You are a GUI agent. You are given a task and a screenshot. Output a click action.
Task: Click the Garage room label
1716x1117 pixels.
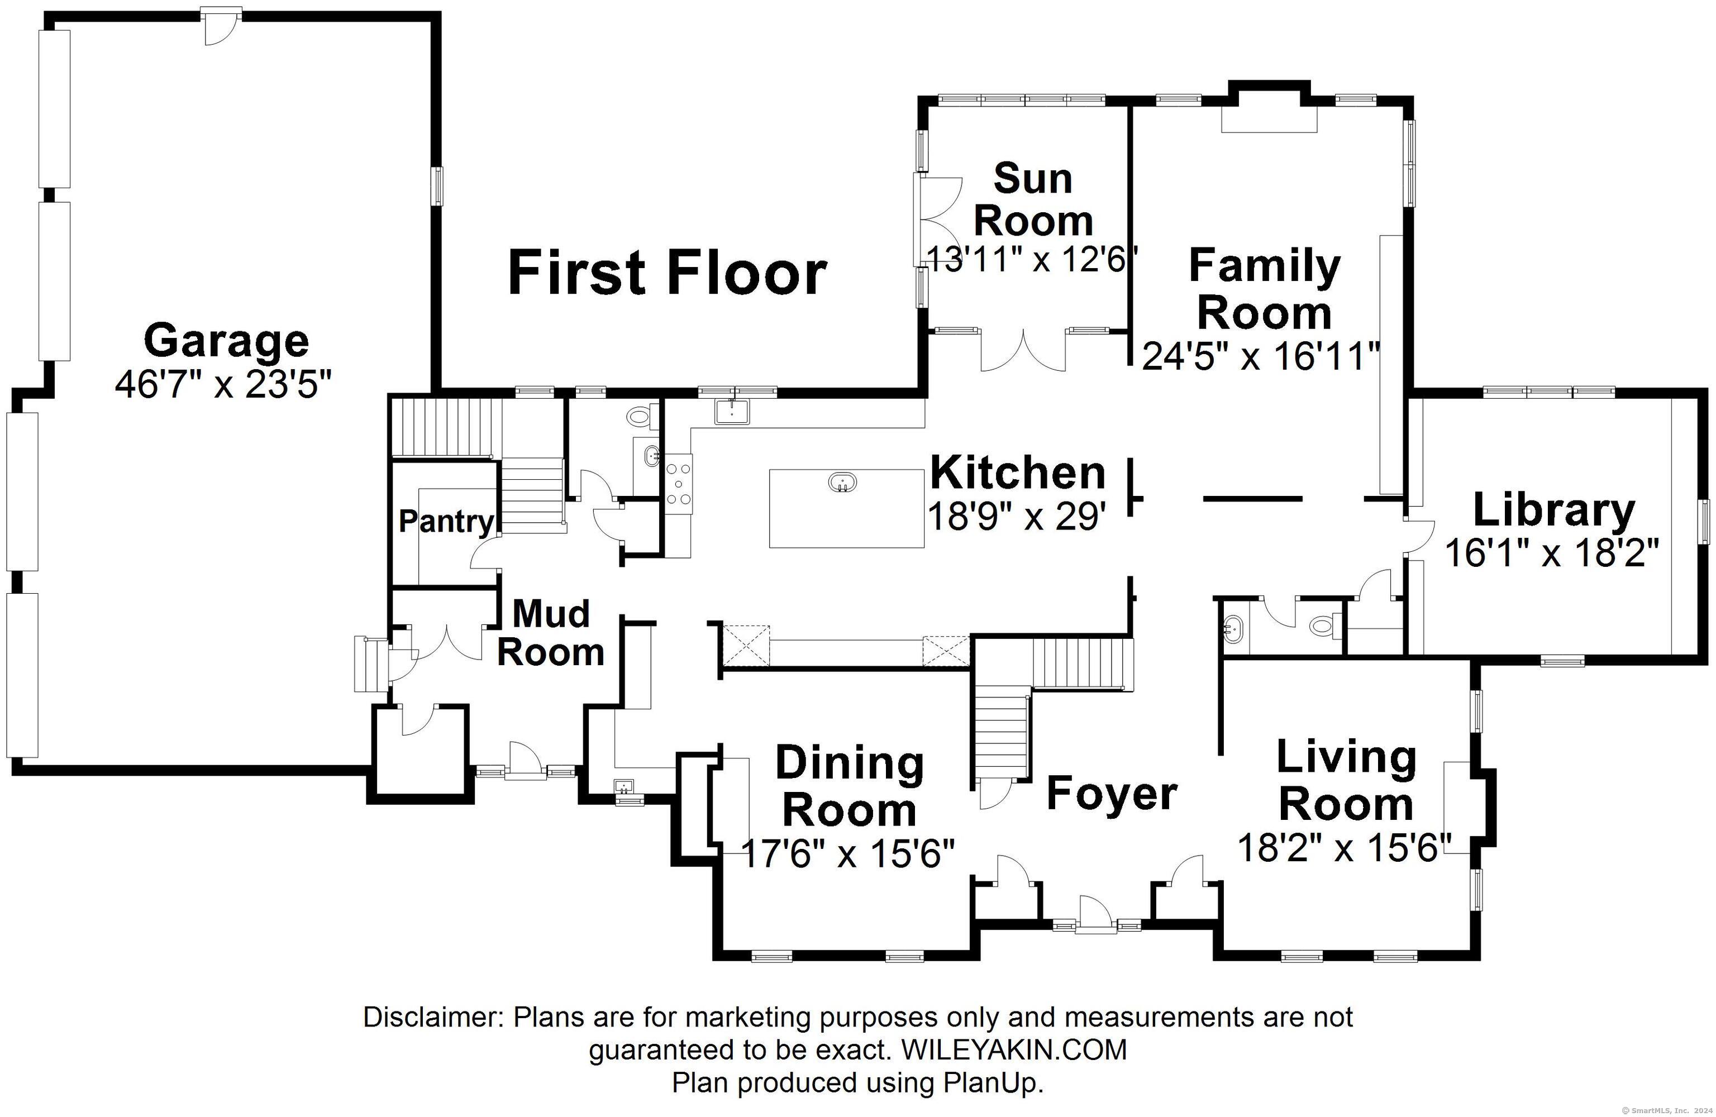(226, 342)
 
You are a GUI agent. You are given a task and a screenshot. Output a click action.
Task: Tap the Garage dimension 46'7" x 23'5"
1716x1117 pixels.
(223, 384)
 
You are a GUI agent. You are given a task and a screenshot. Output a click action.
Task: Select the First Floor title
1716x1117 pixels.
(667, 273)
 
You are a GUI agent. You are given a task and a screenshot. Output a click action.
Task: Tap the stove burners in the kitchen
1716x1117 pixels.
(679, 483)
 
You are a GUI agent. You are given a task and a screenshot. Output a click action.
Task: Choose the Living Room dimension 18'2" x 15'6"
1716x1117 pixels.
(1345, 847)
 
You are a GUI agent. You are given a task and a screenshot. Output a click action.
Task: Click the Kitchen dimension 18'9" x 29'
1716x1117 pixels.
(1017, 515)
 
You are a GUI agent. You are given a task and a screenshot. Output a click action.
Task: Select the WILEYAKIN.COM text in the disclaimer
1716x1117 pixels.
(1014, 1050)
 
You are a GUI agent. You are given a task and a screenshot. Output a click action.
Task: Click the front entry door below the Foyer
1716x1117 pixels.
(1096, 914)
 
